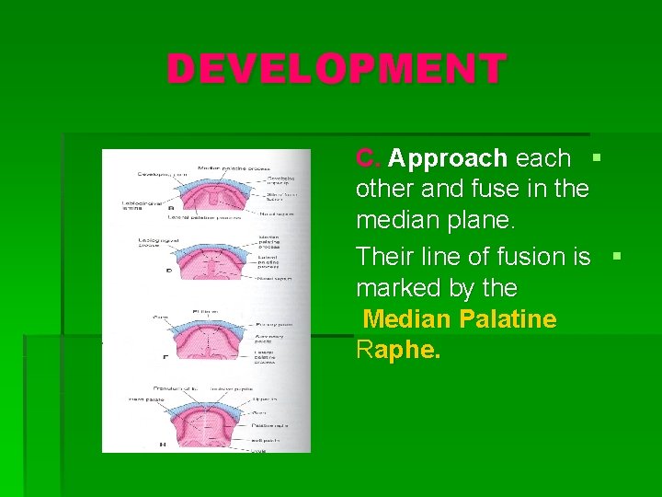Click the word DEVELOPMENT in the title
(337, 69)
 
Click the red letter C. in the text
(368, 158)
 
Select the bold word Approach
(447, 158)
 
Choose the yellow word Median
(407, 319)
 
